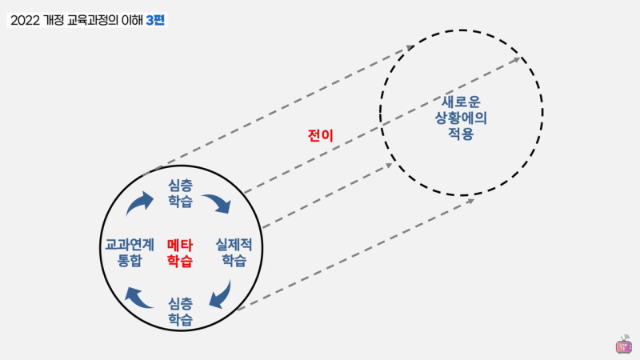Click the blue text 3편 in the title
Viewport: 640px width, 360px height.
click(155, 20)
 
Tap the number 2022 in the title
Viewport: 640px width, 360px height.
click(25, 21)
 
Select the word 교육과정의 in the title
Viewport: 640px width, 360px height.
click(92, 21)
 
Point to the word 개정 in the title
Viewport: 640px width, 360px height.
click(54, 21)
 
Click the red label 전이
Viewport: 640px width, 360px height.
click(321, 135)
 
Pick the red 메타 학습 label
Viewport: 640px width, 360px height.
click(180, 253)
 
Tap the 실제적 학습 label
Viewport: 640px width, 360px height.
click(234, 253)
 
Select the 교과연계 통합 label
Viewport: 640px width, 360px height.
click(130, 253)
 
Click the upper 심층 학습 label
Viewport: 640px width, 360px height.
click(181, 194)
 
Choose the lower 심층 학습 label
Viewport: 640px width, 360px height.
click(181, 312)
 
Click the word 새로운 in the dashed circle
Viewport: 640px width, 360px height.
click(462, 102)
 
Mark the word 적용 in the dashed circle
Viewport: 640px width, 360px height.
click(461, 134)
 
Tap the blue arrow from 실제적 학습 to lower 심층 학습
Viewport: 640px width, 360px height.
click(222, 294)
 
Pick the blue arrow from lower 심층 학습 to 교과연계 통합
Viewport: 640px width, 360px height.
click(138, 298)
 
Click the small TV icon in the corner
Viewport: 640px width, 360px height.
click(624, 345)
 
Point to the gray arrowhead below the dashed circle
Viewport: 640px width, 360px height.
click(470, 201)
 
